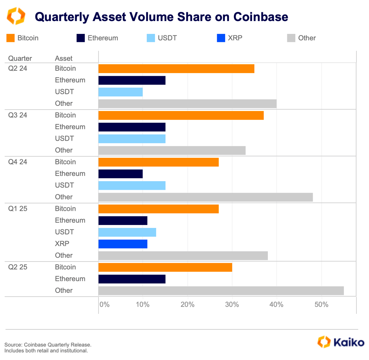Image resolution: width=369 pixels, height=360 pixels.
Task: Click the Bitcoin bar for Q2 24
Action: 176,69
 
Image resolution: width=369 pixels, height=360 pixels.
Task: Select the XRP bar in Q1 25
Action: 123,244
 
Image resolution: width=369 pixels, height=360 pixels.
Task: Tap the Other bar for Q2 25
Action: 221,291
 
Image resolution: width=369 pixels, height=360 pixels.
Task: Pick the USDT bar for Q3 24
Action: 132,139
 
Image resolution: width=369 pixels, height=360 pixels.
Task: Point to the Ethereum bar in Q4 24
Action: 121,174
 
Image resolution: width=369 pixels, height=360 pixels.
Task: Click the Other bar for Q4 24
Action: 206,197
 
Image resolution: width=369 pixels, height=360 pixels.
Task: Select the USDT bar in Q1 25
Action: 127,232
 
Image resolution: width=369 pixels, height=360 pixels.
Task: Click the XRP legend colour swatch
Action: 221,38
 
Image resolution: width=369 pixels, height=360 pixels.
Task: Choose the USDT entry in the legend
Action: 167,38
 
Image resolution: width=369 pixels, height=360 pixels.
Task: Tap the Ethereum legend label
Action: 103,38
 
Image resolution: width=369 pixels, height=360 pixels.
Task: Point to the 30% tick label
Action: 232,305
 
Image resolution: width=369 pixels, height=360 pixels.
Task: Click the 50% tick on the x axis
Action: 321,305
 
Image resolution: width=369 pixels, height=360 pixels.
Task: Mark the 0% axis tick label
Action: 104,305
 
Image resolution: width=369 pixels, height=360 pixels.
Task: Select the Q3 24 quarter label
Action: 18,115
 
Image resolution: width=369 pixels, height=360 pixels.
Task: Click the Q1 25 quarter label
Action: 18,209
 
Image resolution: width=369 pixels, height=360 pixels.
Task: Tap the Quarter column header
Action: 20,59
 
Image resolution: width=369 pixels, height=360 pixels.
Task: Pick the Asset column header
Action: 64,59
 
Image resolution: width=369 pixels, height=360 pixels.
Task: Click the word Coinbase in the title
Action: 261,17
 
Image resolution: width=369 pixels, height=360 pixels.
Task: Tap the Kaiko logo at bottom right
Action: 341,342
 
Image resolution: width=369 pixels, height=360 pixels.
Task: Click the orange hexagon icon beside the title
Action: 16,16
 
